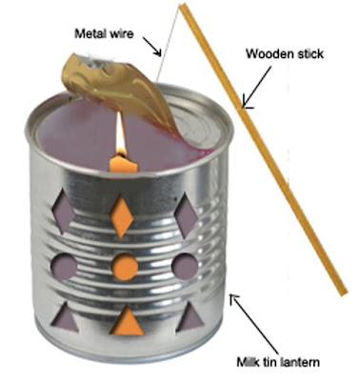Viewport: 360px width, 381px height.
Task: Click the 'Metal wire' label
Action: pos(104,33)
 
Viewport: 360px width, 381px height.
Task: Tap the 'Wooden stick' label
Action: pos(285,53)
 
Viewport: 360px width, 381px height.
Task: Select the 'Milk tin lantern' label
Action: pos(278,362)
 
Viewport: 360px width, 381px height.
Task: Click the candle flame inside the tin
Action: pos(120,135)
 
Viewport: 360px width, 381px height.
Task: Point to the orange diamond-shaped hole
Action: pos(121,216)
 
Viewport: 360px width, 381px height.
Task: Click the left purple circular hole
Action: pos(64,266)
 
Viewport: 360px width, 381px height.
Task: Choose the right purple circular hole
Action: pos(185,267)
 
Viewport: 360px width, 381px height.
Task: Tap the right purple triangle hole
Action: pos(190,316)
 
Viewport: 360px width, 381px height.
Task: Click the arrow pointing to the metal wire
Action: pos(152,47)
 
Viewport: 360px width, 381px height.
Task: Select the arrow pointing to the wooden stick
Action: pos(256,87)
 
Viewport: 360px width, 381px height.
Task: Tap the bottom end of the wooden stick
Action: pos(344,293)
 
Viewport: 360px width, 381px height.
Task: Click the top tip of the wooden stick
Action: pos(182,5)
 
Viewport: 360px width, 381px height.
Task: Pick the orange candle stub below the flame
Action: pos(123,164)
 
